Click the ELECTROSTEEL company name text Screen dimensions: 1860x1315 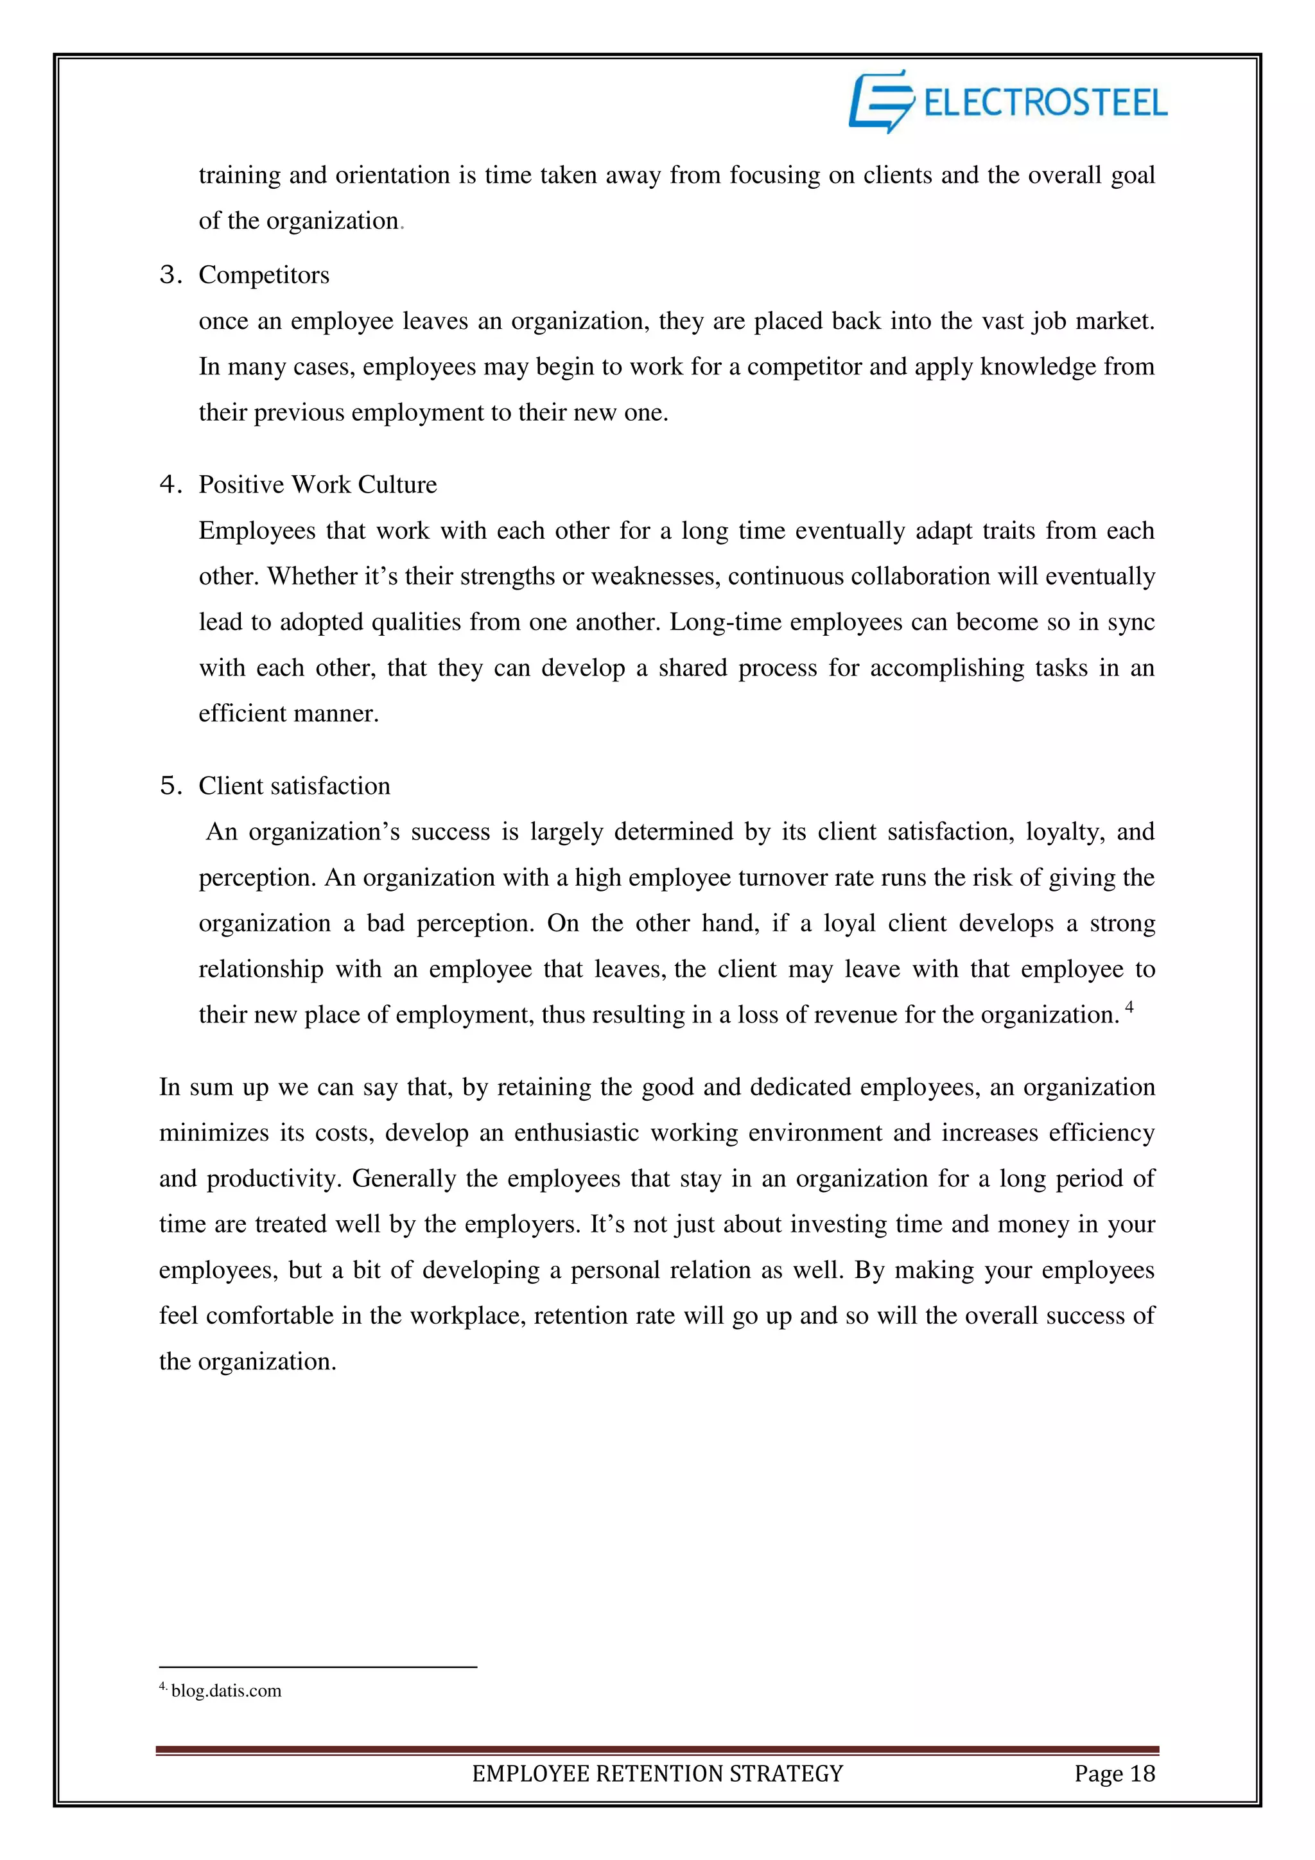[x=1045, y=103]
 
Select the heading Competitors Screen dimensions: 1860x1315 [x=264, y=276]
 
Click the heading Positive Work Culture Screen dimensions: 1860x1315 [x=317, y=484]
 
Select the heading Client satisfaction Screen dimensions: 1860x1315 [x=294, y=785]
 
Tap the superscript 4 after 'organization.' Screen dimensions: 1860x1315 [x=1129, y=1007]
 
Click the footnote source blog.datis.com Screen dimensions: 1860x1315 [x=226, y=1690]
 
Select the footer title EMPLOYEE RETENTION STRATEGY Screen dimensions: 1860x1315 [x=657, y=1774]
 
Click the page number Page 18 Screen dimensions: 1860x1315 [x=1114, y=1774]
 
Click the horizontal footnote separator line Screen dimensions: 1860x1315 [x=317, y=1667]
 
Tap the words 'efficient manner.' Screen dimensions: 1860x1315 [x=288, y=714]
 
